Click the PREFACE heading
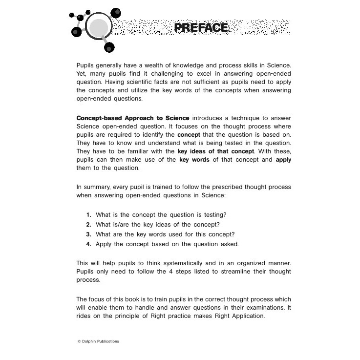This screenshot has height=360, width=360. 201,27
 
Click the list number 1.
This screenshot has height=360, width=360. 89,215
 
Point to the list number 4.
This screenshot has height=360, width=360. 89,244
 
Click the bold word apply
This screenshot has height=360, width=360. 283,160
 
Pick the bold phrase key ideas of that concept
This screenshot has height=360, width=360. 216,151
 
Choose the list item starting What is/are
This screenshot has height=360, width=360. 157,225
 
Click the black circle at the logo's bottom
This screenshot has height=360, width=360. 109,47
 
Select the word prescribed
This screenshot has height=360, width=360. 235,187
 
